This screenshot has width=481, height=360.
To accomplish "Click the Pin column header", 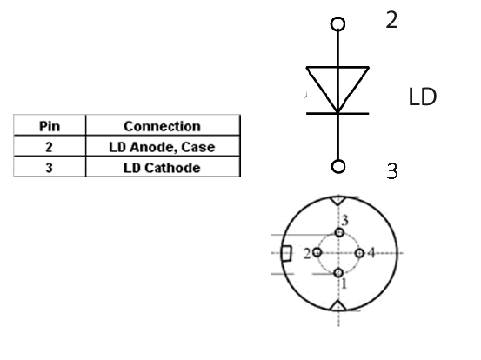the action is point(50,126).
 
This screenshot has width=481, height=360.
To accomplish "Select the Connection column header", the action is point(163,126).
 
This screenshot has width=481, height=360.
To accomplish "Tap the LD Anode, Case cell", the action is point(162,147).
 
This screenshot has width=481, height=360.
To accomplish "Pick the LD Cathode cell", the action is point(162,168).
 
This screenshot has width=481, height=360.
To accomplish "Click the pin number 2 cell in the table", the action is point(49,147).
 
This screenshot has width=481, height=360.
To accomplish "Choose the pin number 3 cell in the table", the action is point(49,168).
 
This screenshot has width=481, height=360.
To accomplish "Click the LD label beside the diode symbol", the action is point(423,97).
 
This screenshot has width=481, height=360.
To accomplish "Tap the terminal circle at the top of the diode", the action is point(337,24).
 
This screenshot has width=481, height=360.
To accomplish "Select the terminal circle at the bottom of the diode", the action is point(338,166).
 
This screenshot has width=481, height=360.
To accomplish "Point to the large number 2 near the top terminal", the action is point(391,20).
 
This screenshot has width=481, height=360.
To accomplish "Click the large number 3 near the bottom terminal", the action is point(392,170).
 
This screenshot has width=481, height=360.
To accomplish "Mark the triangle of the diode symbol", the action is point(337,68).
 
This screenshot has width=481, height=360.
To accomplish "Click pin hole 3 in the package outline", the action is point(339,232).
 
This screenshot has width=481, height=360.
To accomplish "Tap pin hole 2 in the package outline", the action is point(317,253).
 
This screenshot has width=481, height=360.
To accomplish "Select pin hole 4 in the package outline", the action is point(359,253).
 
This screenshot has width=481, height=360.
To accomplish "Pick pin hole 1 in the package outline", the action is point(338,272).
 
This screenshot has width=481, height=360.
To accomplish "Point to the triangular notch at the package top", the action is point(338,201).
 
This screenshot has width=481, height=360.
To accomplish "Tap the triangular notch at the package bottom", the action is point(338,306).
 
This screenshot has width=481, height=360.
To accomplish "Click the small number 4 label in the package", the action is point(371,253).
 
